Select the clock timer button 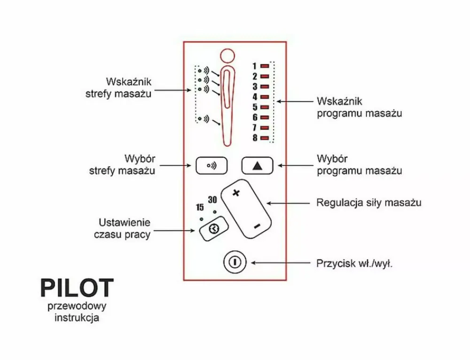pos(214,229)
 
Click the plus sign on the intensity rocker pos(236,193)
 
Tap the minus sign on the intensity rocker pos(257,227)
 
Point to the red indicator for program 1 pos(265,66)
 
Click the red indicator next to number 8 pos(265,138)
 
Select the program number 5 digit pos(255,107)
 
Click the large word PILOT pos(77,288)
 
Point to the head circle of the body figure pos(227,55)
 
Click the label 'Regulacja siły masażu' pos(368,203)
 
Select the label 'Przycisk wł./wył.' pos(354,263)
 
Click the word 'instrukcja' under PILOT pos(77,318)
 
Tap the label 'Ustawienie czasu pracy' pos(125,228)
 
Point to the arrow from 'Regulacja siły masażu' pos(289,203)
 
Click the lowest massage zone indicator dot pos(199,118)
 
